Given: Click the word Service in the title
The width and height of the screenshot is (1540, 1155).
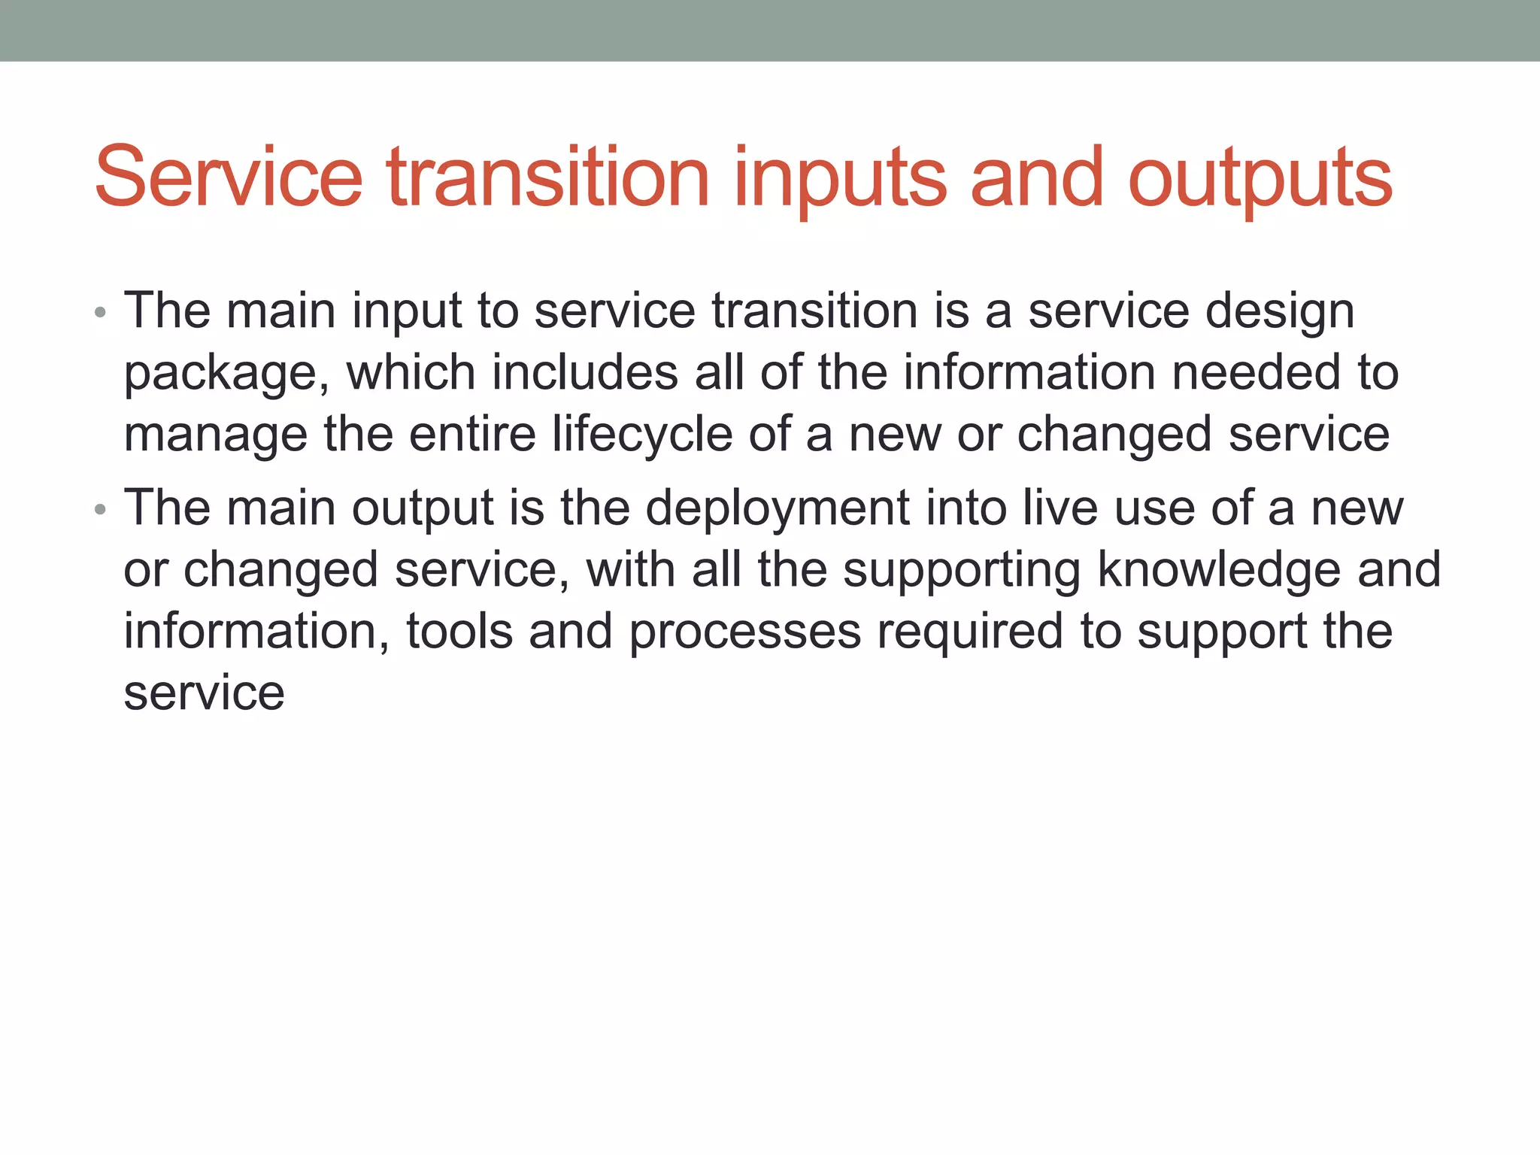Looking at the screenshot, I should pyautogui.click(x=229, y=177).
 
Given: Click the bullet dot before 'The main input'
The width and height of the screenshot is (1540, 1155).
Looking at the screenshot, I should pyautogui.click(x=101, y=313).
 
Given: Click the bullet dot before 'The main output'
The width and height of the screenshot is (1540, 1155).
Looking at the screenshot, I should pyautogui.click(x=101, y=511).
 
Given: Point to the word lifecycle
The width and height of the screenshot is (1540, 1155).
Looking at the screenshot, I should pyautogui.click(x=642, y=436).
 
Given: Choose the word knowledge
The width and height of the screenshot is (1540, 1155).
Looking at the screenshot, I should pyautogui.click(x=1219, y=570).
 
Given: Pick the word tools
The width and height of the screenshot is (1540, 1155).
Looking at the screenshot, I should pyautogui.click(x=459, y=632).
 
